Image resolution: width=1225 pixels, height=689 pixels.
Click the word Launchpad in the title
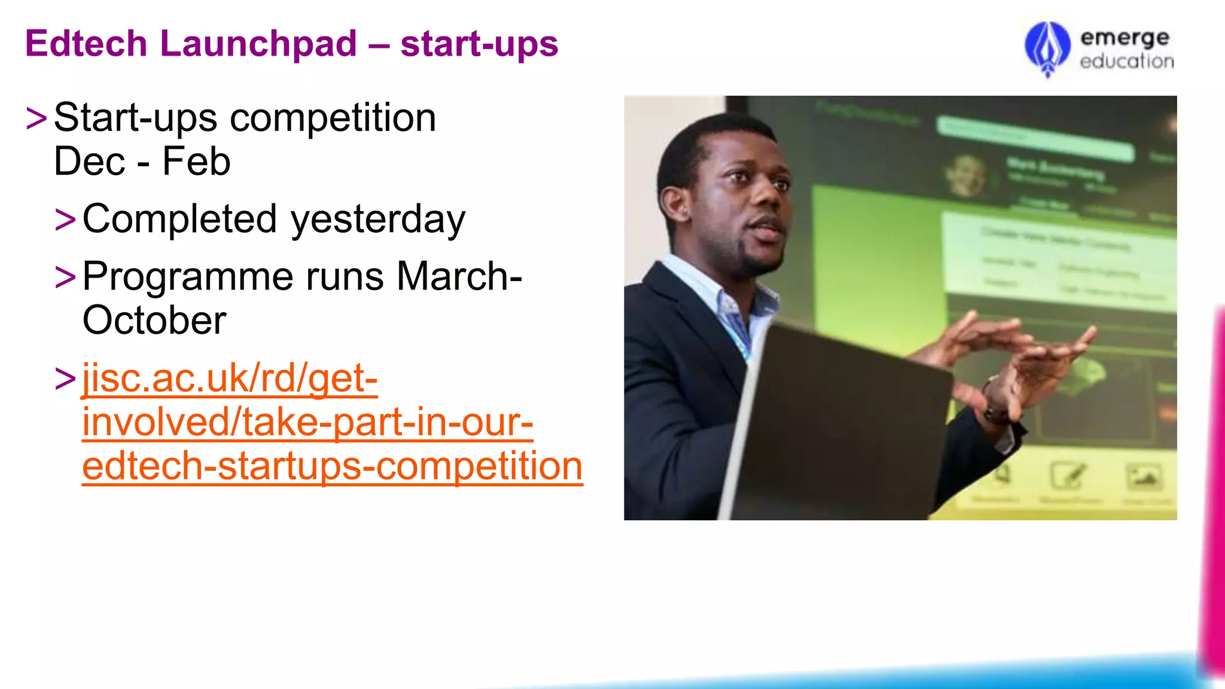(x=258, y=44)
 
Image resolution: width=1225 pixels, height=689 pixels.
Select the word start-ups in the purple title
(x=479, y=44)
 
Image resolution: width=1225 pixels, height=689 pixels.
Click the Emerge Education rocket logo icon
(x=1047, y=49)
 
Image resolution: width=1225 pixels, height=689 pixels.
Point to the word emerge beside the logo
(x=1125, y=38)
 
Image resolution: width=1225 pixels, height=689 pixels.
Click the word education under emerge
(x=1126, y=61)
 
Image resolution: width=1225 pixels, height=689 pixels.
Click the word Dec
(x=90, y=161)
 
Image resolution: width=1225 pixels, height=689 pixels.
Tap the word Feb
(x=196, y=161)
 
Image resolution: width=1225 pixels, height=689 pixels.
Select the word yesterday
(x=378, y=220)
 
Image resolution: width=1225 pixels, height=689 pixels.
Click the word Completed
(x=179, y=219)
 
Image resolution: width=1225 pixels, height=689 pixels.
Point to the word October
(x=154, y=321)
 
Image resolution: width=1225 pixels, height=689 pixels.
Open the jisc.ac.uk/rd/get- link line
(x=230, y=379)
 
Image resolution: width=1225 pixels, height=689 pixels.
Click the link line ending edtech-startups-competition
(x=332, y=467)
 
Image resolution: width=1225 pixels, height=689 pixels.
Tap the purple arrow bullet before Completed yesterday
(x=65, y=219)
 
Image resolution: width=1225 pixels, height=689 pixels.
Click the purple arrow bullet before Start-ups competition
(x=36, y=118)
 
